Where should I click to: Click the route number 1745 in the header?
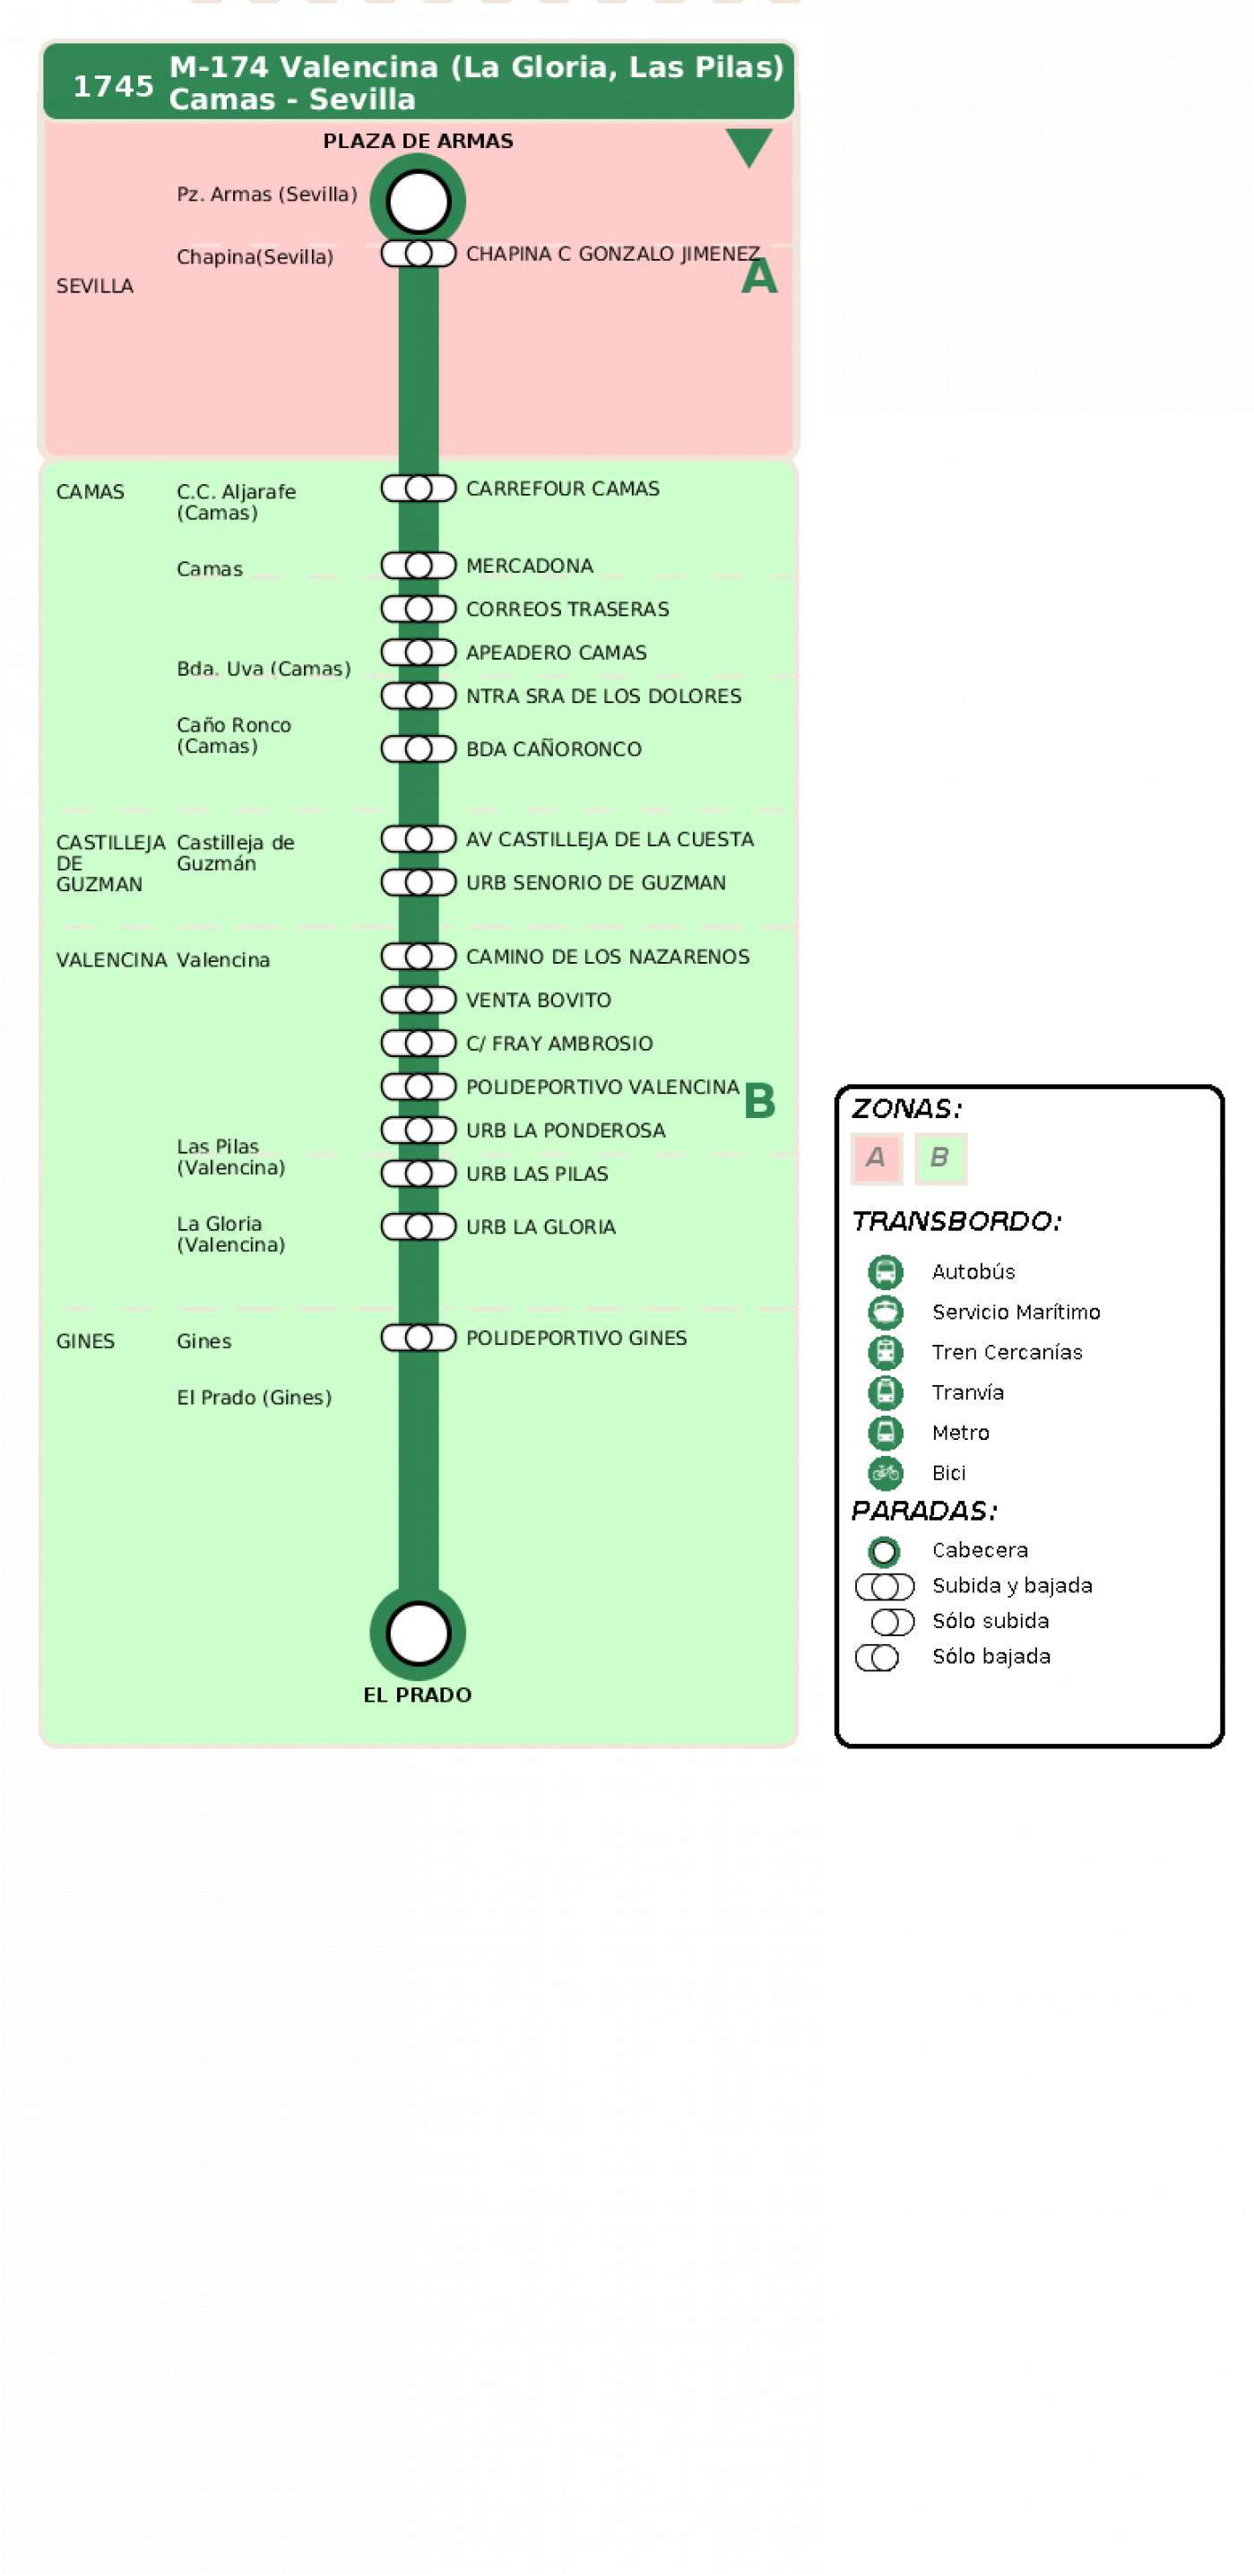tap(113, 87)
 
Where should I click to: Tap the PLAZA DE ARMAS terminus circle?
tap(418, 201)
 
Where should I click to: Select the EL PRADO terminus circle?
tap(418, 1633)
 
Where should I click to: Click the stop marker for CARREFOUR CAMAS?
tap(418, 488)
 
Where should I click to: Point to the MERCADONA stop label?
tap(530, 566)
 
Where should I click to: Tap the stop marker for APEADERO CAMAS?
tap(418, 652)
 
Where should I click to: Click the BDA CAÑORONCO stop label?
tap(554, 749)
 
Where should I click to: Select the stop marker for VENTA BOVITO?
tap(418, 1000)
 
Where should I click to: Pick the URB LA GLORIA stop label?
tap(541, 1226)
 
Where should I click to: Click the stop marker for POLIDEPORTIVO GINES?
tap(418, 1337)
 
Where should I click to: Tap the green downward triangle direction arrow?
tap(748, 147)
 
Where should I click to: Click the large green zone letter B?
tap(759, 1101)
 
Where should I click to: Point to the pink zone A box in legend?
tap(877, 1158)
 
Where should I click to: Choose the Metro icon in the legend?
tap(886, 1432)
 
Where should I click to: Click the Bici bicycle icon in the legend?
tap(886, 1472)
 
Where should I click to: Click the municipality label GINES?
tap(85, 1341)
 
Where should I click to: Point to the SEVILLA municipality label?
tap(95, 286)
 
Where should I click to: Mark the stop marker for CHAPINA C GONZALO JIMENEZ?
tap(418, 253)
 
